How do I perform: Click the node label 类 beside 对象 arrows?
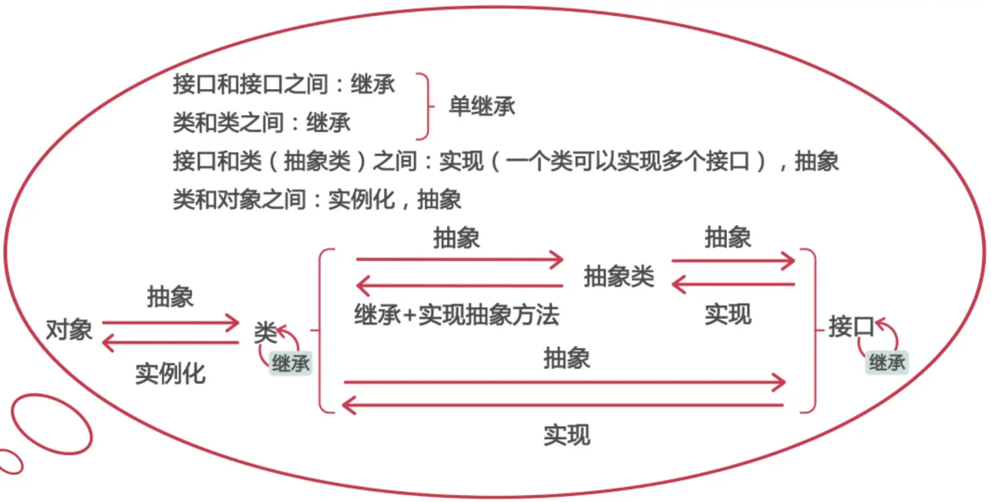pyautogui.click(x=265, y=332)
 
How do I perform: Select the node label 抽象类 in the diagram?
pyautogui.click(x=619, y=277)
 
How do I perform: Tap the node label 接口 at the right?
pyautogui.click(x=851, y=327)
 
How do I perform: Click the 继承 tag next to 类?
pyautogui.click(x=291, y=363)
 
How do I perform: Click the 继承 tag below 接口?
pyautogui.click(x=887, y=363)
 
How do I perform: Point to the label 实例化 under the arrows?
pyautogui.click(x=170, y=374)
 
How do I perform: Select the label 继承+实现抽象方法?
pyautogui.click(x=456, y=315)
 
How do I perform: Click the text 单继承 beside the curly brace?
pyautogui.click(x=482, y=107)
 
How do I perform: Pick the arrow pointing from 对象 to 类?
pyautogui.click(x=171, y=323)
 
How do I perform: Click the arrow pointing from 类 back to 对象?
pyautogui.click(x=171, y=343)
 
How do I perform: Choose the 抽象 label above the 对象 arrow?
pyautogui.click(x=170, y=297)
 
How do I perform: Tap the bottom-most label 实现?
pyautogui.click(x=567, y=435)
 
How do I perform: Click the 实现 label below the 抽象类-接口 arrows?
pyautogui.click(x=728, y=314)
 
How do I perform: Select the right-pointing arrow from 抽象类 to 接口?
pyautogui.click(x=733, y=261)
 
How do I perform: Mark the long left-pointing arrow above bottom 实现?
pyautogui.click(x=563, y=405)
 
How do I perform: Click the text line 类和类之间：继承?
pyautogui.click(x=262, y=123)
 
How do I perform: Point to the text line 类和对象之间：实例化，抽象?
pyautogui.click(x=317, y=199)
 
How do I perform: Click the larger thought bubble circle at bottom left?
pyautogui.click(x=51, y=423)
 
